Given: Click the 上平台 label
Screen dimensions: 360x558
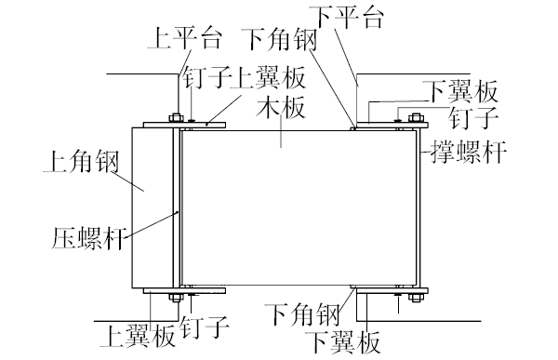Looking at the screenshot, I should (x=184, y=40).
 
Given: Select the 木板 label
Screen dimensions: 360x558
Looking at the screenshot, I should (x=281, y=109).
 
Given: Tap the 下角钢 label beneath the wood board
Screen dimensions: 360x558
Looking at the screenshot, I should (x=299, y=313).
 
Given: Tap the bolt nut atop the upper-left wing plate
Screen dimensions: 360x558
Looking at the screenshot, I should (x=174, y=118).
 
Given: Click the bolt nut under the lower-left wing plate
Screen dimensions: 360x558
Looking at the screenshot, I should (x=174, y=297).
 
